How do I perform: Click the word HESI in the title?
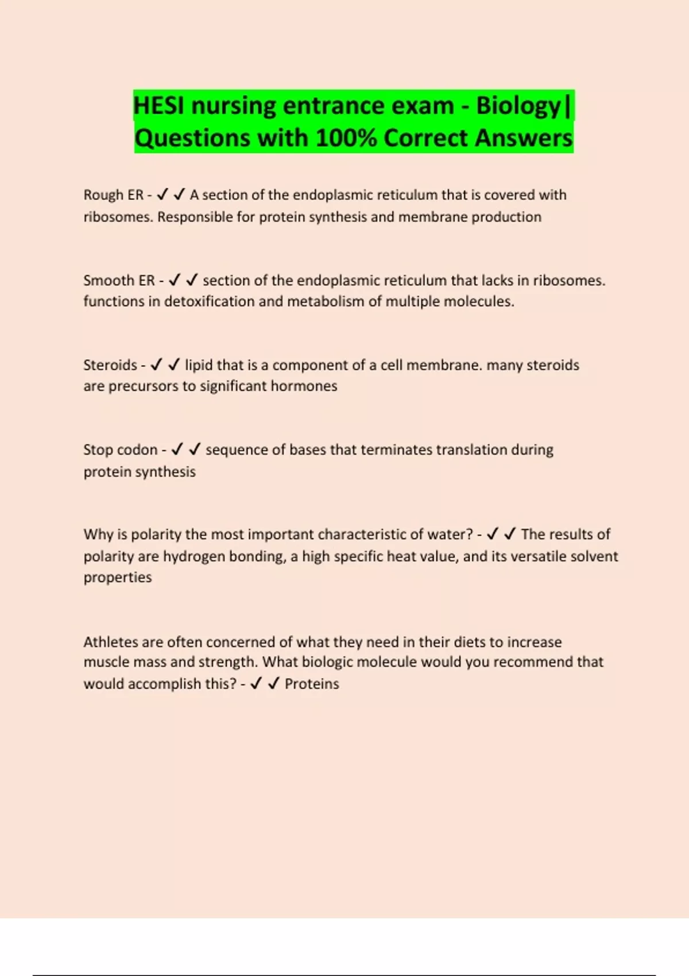click(158, 106)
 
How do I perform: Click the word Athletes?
click(111, 642)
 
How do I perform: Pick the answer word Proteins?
click(312, 684)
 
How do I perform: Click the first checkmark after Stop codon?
click(177, 449)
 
